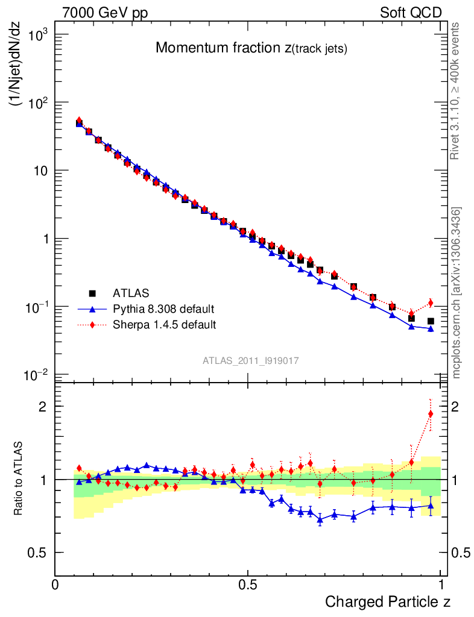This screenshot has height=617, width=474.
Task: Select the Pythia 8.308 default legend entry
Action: [x=163, y=309]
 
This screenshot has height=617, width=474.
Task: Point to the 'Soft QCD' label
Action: [x=411, y=13]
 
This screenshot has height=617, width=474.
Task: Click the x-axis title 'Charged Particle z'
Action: [x=388, y=601]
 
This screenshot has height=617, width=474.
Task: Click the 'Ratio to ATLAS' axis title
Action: [x=19, y=478]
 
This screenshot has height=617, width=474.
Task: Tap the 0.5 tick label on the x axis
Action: [x=247, y=584]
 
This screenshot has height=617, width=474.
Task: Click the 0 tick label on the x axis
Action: [x=55, y=584]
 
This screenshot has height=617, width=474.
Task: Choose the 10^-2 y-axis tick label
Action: [x=37, y=375]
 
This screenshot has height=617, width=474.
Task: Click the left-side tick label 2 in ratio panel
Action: [x=42, y=407]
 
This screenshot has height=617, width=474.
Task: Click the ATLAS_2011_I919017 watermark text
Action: [x=251, y=360]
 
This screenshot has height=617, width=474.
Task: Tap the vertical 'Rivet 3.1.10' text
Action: [x=456, y=91]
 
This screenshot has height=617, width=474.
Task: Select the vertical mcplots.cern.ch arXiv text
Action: [x=456, y=293]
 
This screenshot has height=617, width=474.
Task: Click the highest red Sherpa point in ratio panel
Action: [x=431, y=414]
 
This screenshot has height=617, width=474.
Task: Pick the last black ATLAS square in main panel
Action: [x=431, y=321]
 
